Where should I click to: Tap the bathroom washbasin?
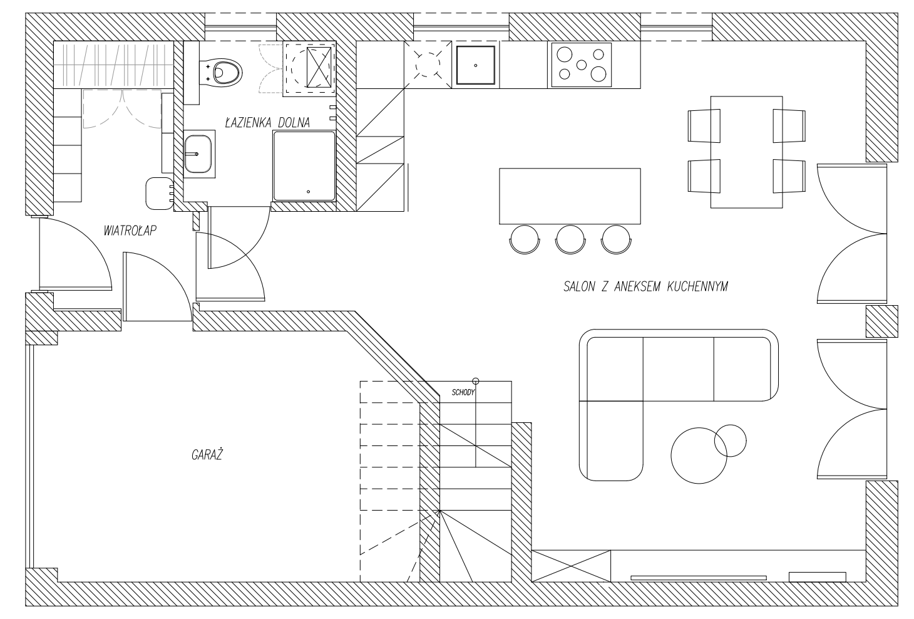click(x=198, y=154)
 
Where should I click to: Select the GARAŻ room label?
click(x=207, y=454)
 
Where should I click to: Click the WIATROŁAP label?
click(x=130, y=231)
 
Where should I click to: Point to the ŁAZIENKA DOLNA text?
click(x=268, y=122)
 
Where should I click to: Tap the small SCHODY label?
click(x=463, y=393)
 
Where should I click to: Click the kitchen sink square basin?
click(x=476, y=65)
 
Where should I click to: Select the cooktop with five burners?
click(x=582, y=65)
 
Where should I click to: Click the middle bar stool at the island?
click(x=570, y=239)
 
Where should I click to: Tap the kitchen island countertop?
click(x=570, y=196)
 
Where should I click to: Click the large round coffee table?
click(x=699, y=455)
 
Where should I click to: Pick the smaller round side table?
click(x=731, y=440)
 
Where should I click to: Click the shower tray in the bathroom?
click(x=304, y=166)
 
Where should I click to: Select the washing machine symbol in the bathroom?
click(x=309, y=68)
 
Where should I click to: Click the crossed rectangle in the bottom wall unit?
click(x=571, y=566)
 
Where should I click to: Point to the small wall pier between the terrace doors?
click(x=882, y=321)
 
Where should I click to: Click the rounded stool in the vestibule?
click(x=160, y=194)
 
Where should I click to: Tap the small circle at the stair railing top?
click(x=475, y=382)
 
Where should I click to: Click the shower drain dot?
click(x=308, y=192)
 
